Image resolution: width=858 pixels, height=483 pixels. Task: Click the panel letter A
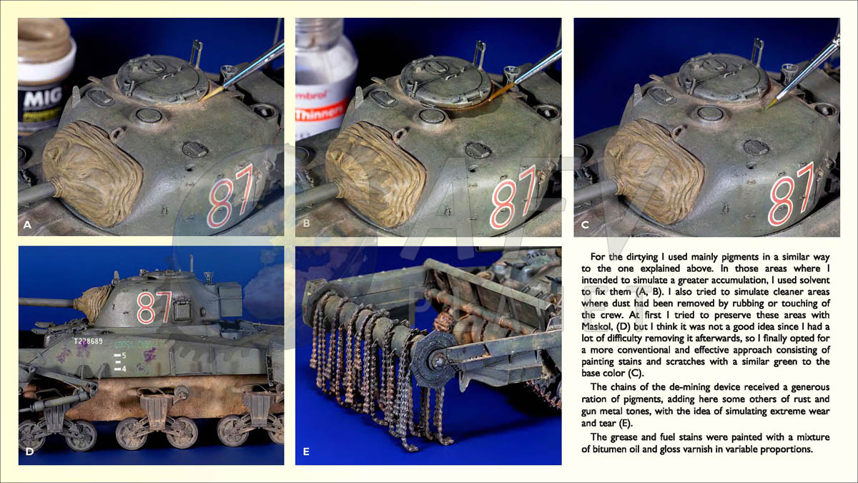pos(27,225)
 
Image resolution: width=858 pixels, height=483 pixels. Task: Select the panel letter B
pos(306,223)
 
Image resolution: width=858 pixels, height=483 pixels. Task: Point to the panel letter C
pos(585,225)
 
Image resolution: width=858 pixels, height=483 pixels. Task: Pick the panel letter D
pos(29,452)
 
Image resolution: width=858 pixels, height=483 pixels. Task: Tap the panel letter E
pos(306,452)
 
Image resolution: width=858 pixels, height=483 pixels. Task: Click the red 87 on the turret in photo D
pos(154,308)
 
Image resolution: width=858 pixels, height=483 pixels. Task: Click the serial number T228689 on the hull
pos(88,341)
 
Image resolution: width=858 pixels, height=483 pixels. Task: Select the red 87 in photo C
pos(792,195)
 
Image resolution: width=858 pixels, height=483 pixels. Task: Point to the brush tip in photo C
pos(766,109)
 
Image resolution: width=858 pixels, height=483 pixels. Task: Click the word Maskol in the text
pos(597,326)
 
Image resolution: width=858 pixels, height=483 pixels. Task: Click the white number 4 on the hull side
pos(124,369)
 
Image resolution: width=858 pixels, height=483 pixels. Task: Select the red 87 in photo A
pos(231,197)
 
